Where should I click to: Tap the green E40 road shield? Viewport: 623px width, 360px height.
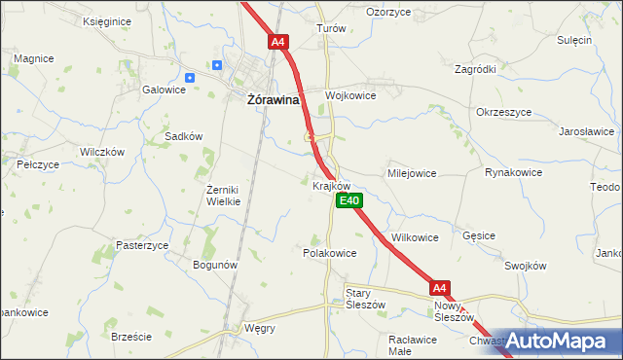[x=349, y=201]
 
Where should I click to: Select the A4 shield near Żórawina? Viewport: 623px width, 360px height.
[x=278, y=42]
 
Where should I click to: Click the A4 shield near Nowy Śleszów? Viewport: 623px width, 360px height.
[x=440, y=288]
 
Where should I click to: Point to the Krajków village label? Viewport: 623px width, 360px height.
[x=332, y=185]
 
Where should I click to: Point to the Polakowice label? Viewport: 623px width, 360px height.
[x=330, y=252]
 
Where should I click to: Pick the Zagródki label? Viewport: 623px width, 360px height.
[x=476, y=69]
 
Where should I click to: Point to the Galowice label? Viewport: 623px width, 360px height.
[x=164, y=90]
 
